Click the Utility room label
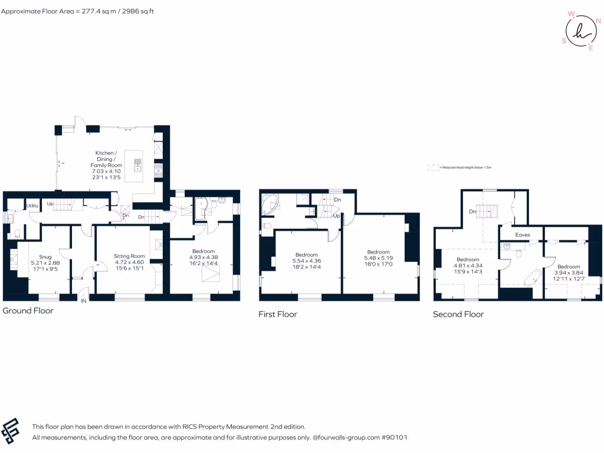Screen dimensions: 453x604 (32, 205)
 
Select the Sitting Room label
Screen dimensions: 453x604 (129, 256)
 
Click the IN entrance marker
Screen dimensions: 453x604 (83, 301)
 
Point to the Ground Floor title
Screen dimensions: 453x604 (28, 311)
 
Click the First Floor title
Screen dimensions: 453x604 (277, 314)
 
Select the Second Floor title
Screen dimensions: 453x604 (458, 314)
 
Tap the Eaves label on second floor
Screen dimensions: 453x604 (523, 235)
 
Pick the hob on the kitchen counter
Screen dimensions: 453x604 (158, 171)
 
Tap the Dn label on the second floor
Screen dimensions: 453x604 (473, 211)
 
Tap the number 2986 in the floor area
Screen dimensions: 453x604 (127, 11)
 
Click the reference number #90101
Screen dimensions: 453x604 (394, 438)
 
